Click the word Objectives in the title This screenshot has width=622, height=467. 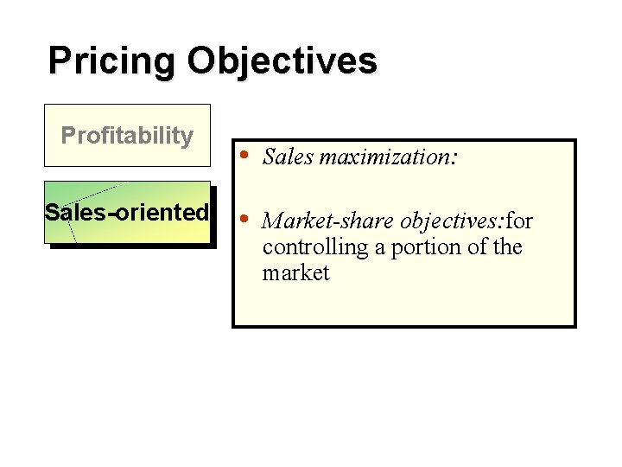click(282, 62)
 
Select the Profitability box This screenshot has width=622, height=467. click(127, 135)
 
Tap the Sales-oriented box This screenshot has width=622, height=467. click(127, 212)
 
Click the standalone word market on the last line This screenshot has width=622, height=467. click(295, 273)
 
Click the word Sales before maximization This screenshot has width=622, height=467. click(289, 157)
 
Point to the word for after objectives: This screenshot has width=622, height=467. click(518, 221)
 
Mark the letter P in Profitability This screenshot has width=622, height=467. click(67, 135)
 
